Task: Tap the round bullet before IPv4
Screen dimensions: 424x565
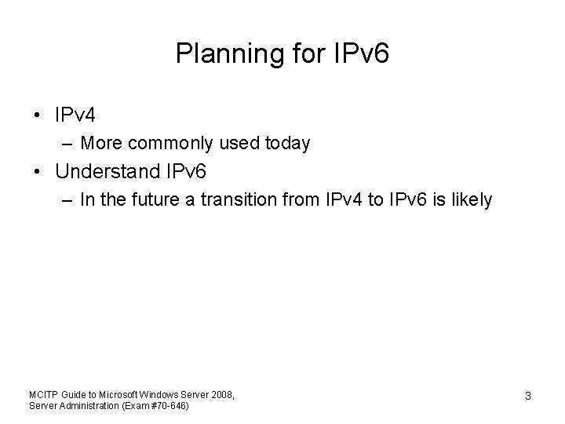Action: click(x=38, y=116)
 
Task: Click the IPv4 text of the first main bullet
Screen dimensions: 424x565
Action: click(x=75, y=116)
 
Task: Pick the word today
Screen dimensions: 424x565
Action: click(x=288, y=144)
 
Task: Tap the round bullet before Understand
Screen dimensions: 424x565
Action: click(x=38, y=171)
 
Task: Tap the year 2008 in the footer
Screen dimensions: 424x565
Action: click(x=219, y=393)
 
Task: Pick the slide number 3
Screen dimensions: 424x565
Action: click(x=527, y=397)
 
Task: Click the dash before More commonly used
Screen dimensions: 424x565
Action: click(x=68, y=144)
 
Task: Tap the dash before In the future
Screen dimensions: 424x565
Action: click(x=68, y=200)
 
